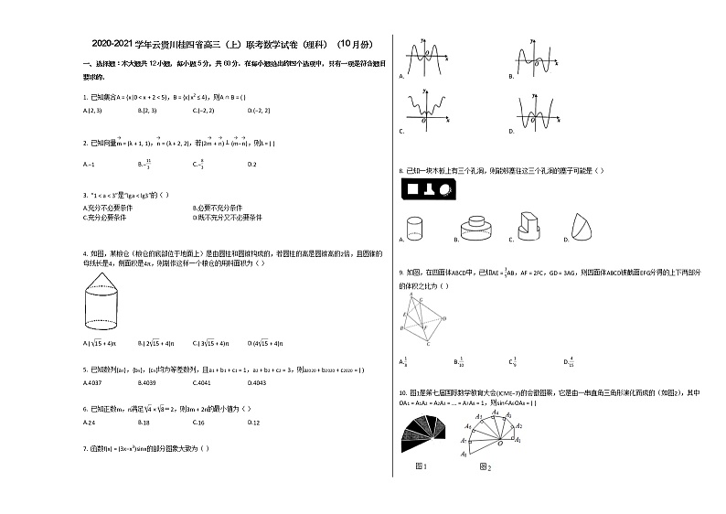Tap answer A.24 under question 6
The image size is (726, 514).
90,423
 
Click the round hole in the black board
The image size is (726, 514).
445,190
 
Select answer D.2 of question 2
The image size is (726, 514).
252,164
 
